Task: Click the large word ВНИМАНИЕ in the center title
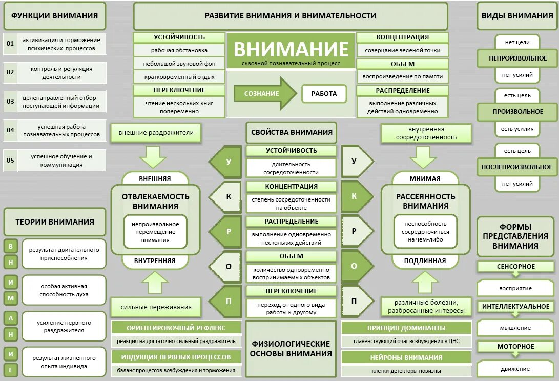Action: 291,49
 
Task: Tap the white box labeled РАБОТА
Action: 324,94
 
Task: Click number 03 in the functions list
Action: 10,102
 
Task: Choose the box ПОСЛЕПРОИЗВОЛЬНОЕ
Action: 516,167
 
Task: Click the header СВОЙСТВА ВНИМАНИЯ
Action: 292,132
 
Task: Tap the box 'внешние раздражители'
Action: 156,133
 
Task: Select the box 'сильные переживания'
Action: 156,307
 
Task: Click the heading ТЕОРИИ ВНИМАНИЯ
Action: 55,222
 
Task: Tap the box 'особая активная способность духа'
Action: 64,290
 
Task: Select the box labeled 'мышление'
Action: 515,328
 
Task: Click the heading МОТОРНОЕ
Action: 515,347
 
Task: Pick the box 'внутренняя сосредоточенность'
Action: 426,133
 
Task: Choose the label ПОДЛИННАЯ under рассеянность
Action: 425,260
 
